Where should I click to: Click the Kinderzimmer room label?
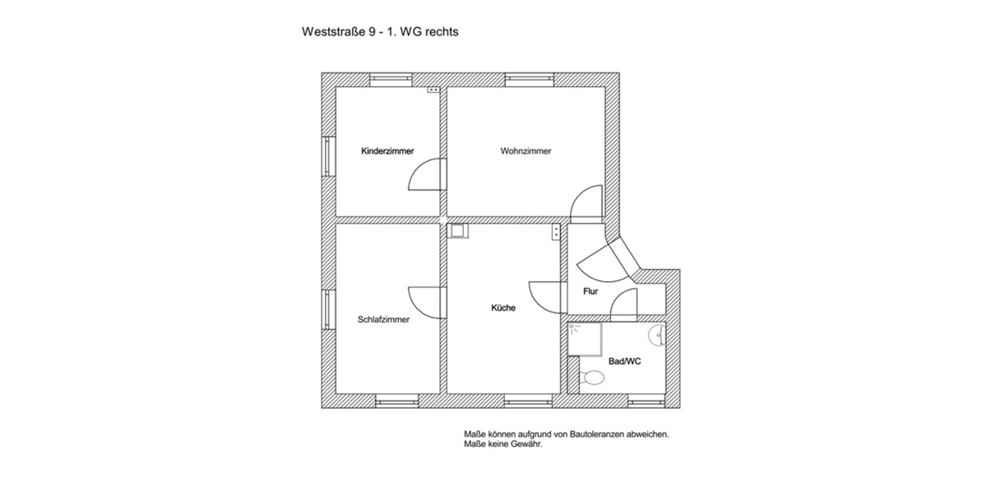[387, 151]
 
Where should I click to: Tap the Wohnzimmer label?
[526, 151]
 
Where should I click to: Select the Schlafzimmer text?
[383, 320]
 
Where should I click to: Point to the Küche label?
[503, 308]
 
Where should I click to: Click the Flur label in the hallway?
[590, 292]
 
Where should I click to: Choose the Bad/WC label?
[624, 361]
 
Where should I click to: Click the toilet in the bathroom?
[591, 377]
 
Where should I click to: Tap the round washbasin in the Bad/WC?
[658, 336]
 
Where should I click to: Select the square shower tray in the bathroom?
[586, 339]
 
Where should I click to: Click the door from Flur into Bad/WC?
[625, 305]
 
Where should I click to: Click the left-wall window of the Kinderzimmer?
[327, 155]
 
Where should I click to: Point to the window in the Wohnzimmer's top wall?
[526, 79]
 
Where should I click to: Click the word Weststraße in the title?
[332, 34]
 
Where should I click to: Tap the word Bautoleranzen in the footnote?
[605, 433]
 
